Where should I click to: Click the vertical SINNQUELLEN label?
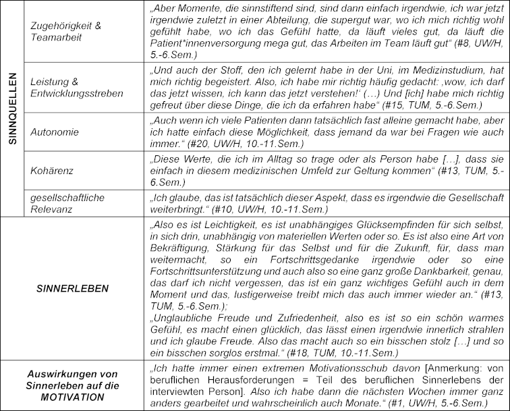pos(11,109)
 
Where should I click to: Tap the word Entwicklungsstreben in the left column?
pos(78,93)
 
